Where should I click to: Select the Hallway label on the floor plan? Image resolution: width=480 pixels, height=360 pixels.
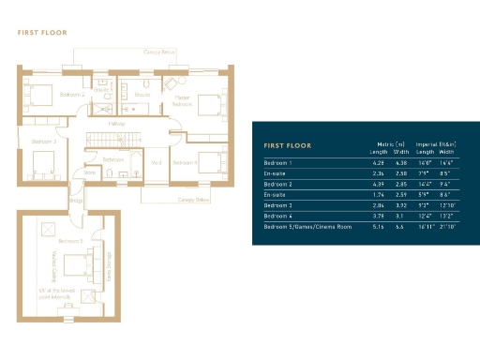[117, 124]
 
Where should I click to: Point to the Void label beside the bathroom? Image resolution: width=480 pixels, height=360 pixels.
[157, 162]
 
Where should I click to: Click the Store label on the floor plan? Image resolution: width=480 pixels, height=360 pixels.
[91, 172]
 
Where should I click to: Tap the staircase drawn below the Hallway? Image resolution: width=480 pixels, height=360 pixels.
[111, 141]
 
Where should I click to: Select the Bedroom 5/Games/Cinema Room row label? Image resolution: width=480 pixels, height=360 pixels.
[307, 227]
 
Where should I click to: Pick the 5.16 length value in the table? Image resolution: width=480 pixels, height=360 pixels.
[378, 227]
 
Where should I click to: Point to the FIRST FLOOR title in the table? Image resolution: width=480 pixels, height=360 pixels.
[288, 146]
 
